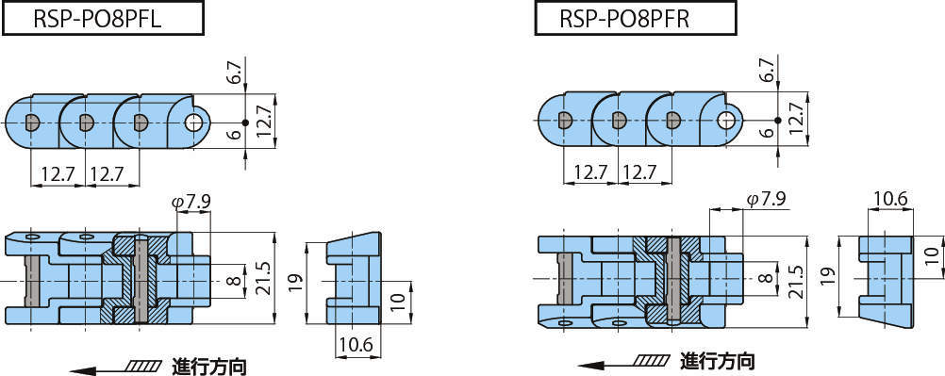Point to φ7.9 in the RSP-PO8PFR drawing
[x=765, y=199]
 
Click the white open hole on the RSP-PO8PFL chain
[x=195, y=122]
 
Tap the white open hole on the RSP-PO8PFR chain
[x=725, y=120]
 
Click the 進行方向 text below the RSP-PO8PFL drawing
[x=209, y=364]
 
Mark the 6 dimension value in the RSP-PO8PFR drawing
[x=765, y=133]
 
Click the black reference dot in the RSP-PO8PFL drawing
[x=244, y=123]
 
